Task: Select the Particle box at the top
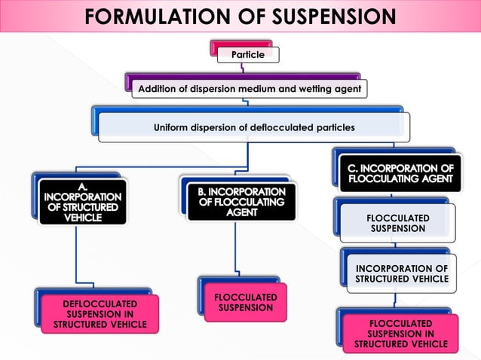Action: click(247, 55)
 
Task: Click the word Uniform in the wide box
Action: click(172, 127)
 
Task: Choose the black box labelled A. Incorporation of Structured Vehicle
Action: click(82, 201)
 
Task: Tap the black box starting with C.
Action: click(400, 173)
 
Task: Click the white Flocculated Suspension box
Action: click(397, 223)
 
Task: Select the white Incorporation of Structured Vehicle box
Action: click(401, 273)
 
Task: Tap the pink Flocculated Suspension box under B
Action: click(245, 303)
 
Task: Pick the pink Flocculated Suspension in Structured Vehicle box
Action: click(400, 334)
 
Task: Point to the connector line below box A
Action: click(77, 256)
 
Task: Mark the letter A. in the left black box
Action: click(82, 184)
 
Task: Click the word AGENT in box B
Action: click(241, 213)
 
